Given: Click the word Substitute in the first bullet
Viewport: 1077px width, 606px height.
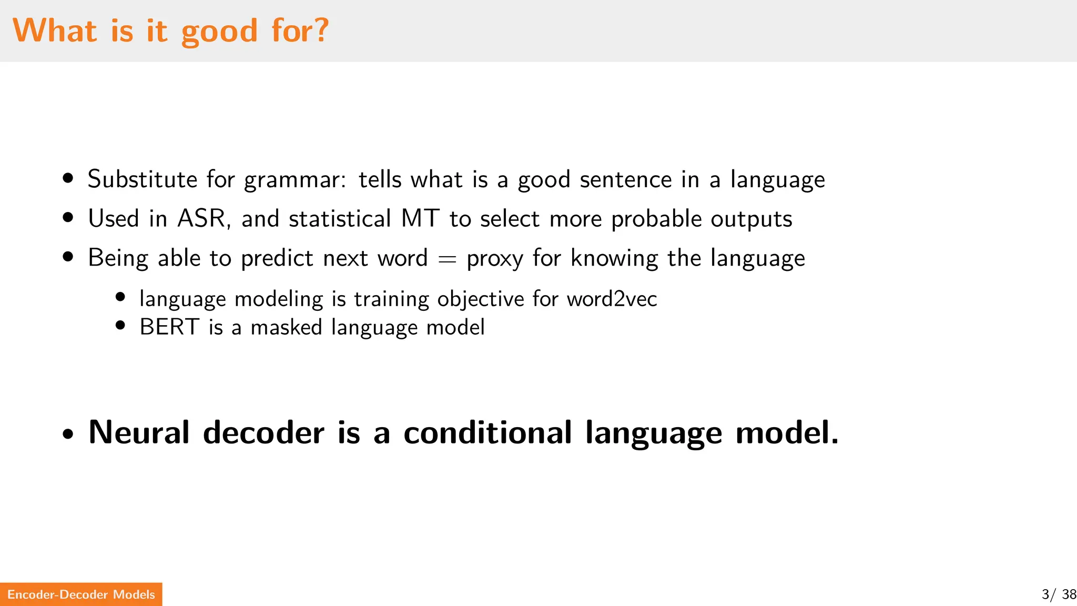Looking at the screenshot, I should (142, 179).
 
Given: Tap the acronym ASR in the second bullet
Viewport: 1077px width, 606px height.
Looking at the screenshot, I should (202, 218).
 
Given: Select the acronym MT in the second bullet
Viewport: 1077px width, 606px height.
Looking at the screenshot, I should (420, 218).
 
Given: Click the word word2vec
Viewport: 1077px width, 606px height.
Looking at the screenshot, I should (612, 299).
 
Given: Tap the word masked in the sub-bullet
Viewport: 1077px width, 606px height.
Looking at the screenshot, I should (286, 327).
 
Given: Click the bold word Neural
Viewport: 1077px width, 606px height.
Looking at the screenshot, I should (139, 432).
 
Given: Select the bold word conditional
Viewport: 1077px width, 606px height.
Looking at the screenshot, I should (487, 432).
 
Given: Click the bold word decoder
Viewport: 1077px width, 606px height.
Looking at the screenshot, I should (263, 432).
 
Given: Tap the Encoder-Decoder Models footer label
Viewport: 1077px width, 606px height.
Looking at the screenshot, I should (81, 594).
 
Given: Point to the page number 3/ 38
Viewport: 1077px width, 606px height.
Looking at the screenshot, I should (1059, 594).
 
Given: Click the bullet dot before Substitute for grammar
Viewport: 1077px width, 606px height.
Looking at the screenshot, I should (67, 178).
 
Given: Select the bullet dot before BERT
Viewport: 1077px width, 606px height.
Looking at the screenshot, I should (120, 325).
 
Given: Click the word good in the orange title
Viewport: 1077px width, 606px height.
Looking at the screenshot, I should (219, 32).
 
